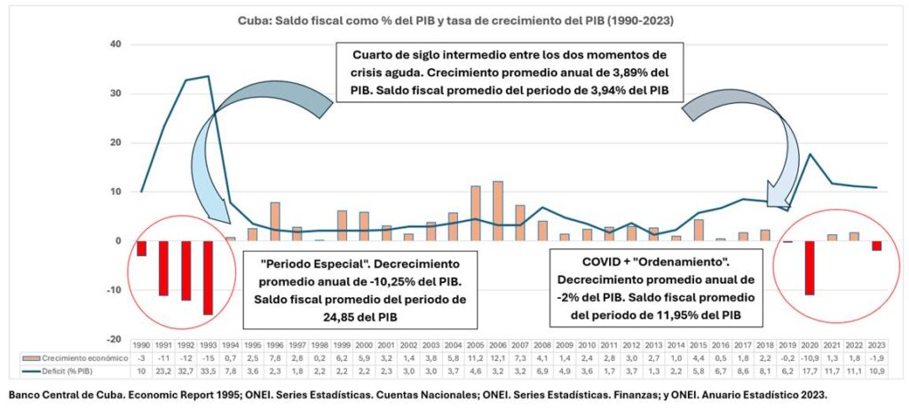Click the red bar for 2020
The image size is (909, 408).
click(809, 267)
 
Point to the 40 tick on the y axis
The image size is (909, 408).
click(115, 44)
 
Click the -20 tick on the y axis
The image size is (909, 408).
click(114, 340)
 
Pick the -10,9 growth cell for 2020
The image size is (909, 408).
click(809, 356)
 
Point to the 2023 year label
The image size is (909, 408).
click(876, 342)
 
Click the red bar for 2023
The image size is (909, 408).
click(876, 246)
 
